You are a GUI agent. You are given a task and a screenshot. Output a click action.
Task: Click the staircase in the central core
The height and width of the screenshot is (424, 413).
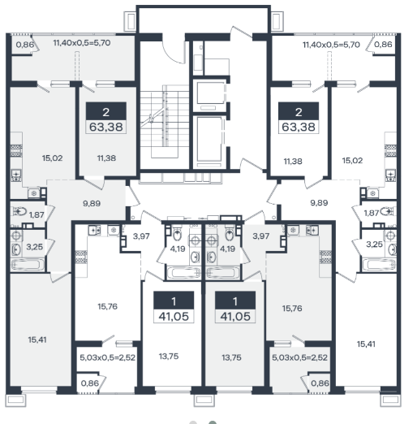pyautogui.click(x=165, y=121)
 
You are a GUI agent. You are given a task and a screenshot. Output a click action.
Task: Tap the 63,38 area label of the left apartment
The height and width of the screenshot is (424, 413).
pyautogui.click(x=106, y=127)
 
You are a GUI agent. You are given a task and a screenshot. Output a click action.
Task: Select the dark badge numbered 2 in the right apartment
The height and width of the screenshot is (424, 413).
pyautogui.click(x=299, y=111)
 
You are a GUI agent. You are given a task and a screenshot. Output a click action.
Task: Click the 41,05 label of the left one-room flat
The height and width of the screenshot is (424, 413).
pyautogui.click(x=174, y=316)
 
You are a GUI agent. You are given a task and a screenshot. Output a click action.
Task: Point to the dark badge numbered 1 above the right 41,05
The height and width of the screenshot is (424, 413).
pyautogui.click(x=235, y=301)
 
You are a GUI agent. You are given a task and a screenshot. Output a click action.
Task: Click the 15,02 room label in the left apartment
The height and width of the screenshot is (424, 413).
pyautogui.click(x=52, y=158)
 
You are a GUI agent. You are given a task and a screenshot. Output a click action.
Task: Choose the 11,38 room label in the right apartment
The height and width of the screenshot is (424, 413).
pyautogui.click(x=293, y=162)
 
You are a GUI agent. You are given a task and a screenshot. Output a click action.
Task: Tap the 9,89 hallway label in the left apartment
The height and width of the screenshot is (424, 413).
pyautogui.click(x=92, y=203)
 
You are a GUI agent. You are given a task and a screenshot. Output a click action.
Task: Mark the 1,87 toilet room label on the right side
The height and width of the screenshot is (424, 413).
pyautogui.click(x=372, y=213)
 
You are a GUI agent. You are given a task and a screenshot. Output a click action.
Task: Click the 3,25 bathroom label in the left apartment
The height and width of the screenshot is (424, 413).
pyautogui.click(x=35, y=247)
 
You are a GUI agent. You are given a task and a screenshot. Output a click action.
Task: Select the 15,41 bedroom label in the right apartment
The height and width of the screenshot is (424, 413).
pyautogui.click(x=366, y=344)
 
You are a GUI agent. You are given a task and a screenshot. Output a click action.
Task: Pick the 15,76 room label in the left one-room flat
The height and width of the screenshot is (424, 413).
pyautogui.click(x=108, y=306)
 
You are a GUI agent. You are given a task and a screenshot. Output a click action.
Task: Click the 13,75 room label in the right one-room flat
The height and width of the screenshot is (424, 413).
pyautogui.click(x=231, y=357)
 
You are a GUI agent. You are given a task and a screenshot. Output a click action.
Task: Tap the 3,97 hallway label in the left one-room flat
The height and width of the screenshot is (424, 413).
pyautogui.click(x=141, y=236)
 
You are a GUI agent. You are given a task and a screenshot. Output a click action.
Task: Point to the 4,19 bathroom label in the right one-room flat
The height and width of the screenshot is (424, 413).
pyautogui.click(x=227, y=249)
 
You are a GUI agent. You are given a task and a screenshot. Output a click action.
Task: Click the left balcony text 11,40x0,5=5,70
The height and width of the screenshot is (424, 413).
pyautogui.click(x=82, y=43)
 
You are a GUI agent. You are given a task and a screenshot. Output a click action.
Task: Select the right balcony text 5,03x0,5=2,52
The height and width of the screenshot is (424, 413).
pyautogui.click(x=299, y=357)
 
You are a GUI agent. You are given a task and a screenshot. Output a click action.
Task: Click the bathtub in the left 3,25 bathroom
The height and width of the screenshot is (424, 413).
pyautogui.click(x=28, y=264)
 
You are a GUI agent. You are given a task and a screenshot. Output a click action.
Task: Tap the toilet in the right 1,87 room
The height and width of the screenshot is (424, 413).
pyautogui.click(x=386, y=211)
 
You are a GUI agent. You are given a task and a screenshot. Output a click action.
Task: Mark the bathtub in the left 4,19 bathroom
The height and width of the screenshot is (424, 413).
pyautogui.click(x=183, y=273)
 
